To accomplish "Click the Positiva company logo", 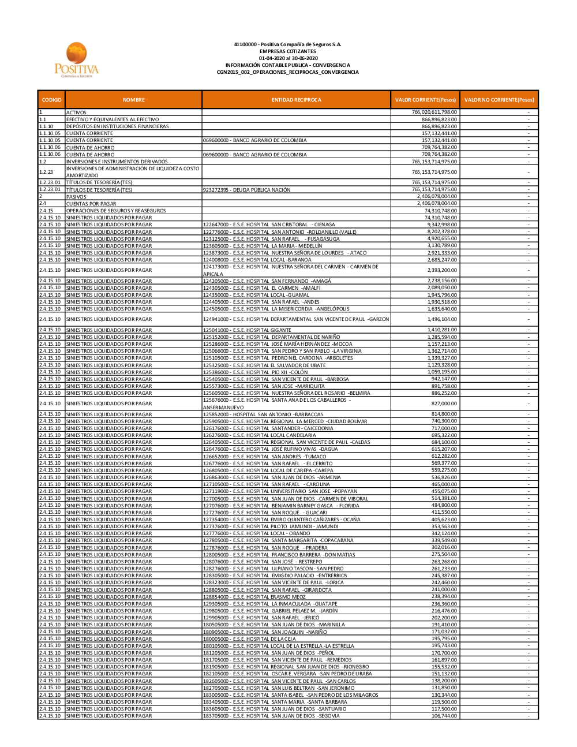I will tap(77, 59).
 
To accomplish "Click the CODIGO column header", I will tap(51, 100).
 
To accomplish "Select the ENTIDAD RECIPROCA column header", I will tap(296, 100).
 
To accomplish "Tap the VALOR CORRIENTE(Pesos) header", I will tap(425, 100).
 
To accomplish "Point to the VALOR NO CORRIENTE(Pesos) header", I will tap(499, 100).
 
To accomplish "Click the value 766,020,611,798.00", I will tap(434, 112).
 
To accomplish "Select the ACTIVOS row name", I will tap(76, 113).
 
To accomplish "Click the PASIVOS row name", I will tap(76, 197).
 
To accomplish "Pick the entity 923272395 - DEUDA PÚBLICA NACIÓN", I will tap(246, 190).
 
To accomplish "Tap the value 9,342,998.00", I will tap(442, 225).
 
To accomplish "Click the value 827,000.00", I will tap(444, 404).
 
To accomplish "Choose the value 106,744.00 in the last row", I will tap(444, 716).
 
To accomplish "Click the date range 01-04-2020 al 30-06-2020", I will tap(288, 58).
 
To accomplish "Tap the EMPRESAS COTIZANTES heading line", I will tap(288, 51).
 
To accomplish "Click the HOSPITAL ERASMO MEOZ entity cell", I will tap(254, 597).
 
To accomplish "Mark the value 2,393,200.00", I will tap(442, 270).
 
